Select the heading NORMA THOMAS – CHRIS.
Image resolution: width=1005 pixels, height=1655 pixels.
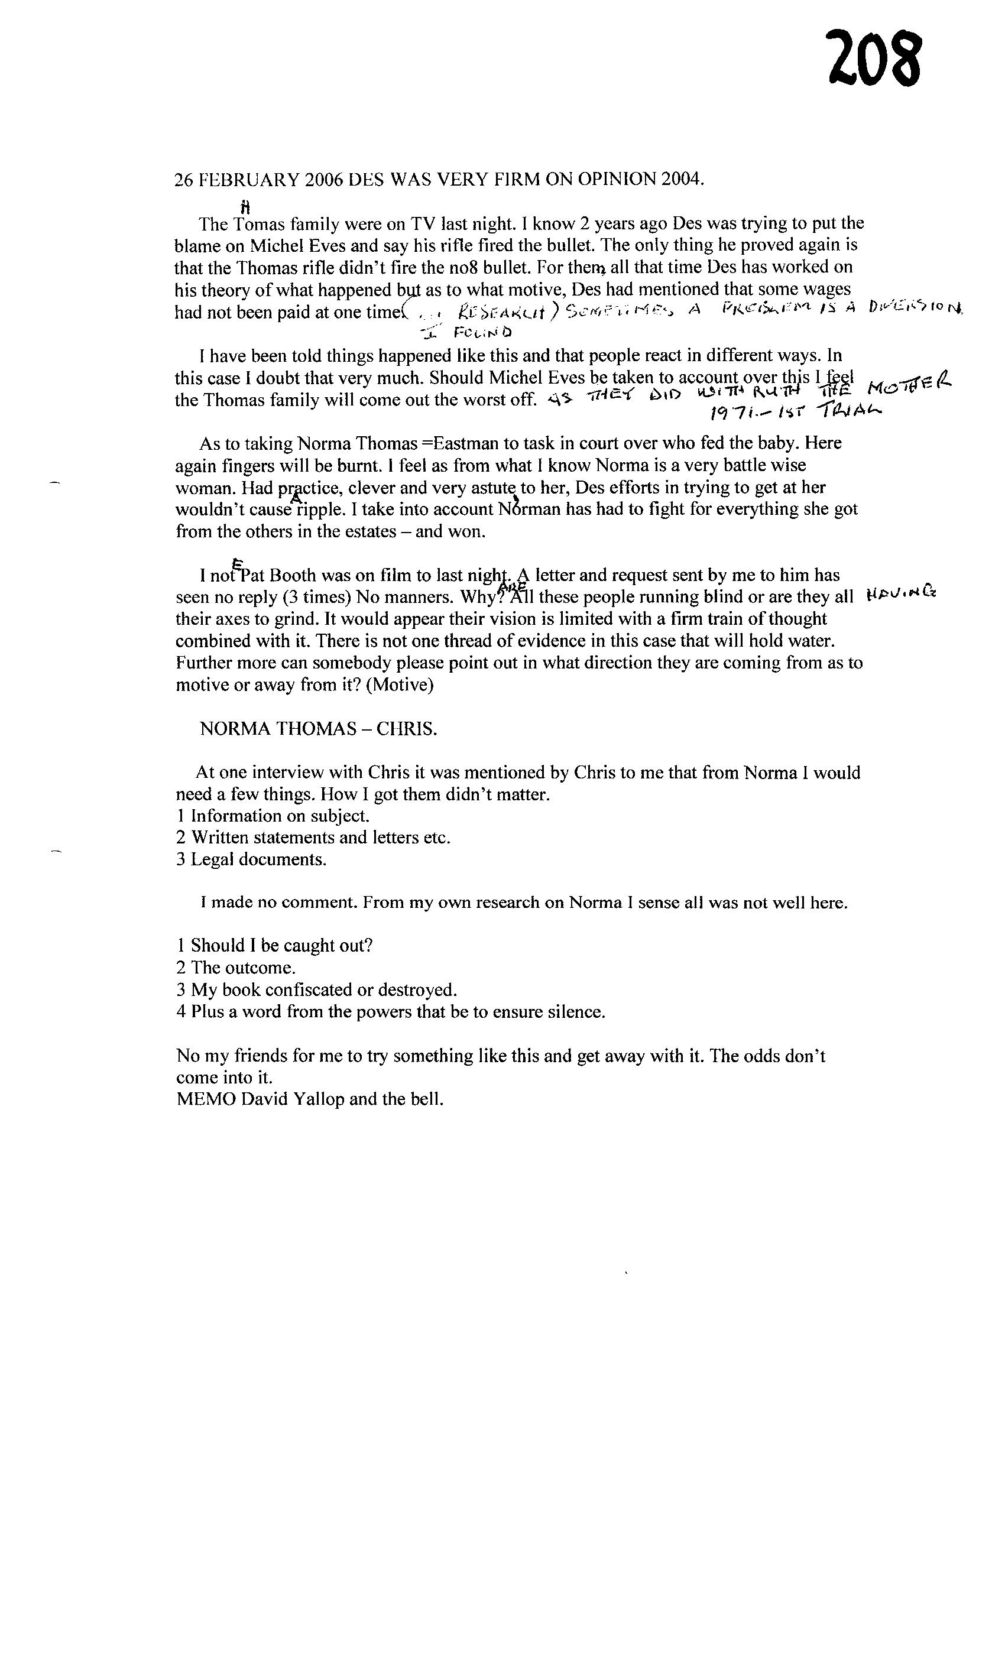point(319,729)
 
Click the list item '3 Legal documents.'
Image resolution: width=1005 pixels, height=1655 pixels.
point(251,860)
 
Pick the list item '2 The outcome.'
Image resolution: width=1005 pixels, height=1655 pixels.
point(236,968)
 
